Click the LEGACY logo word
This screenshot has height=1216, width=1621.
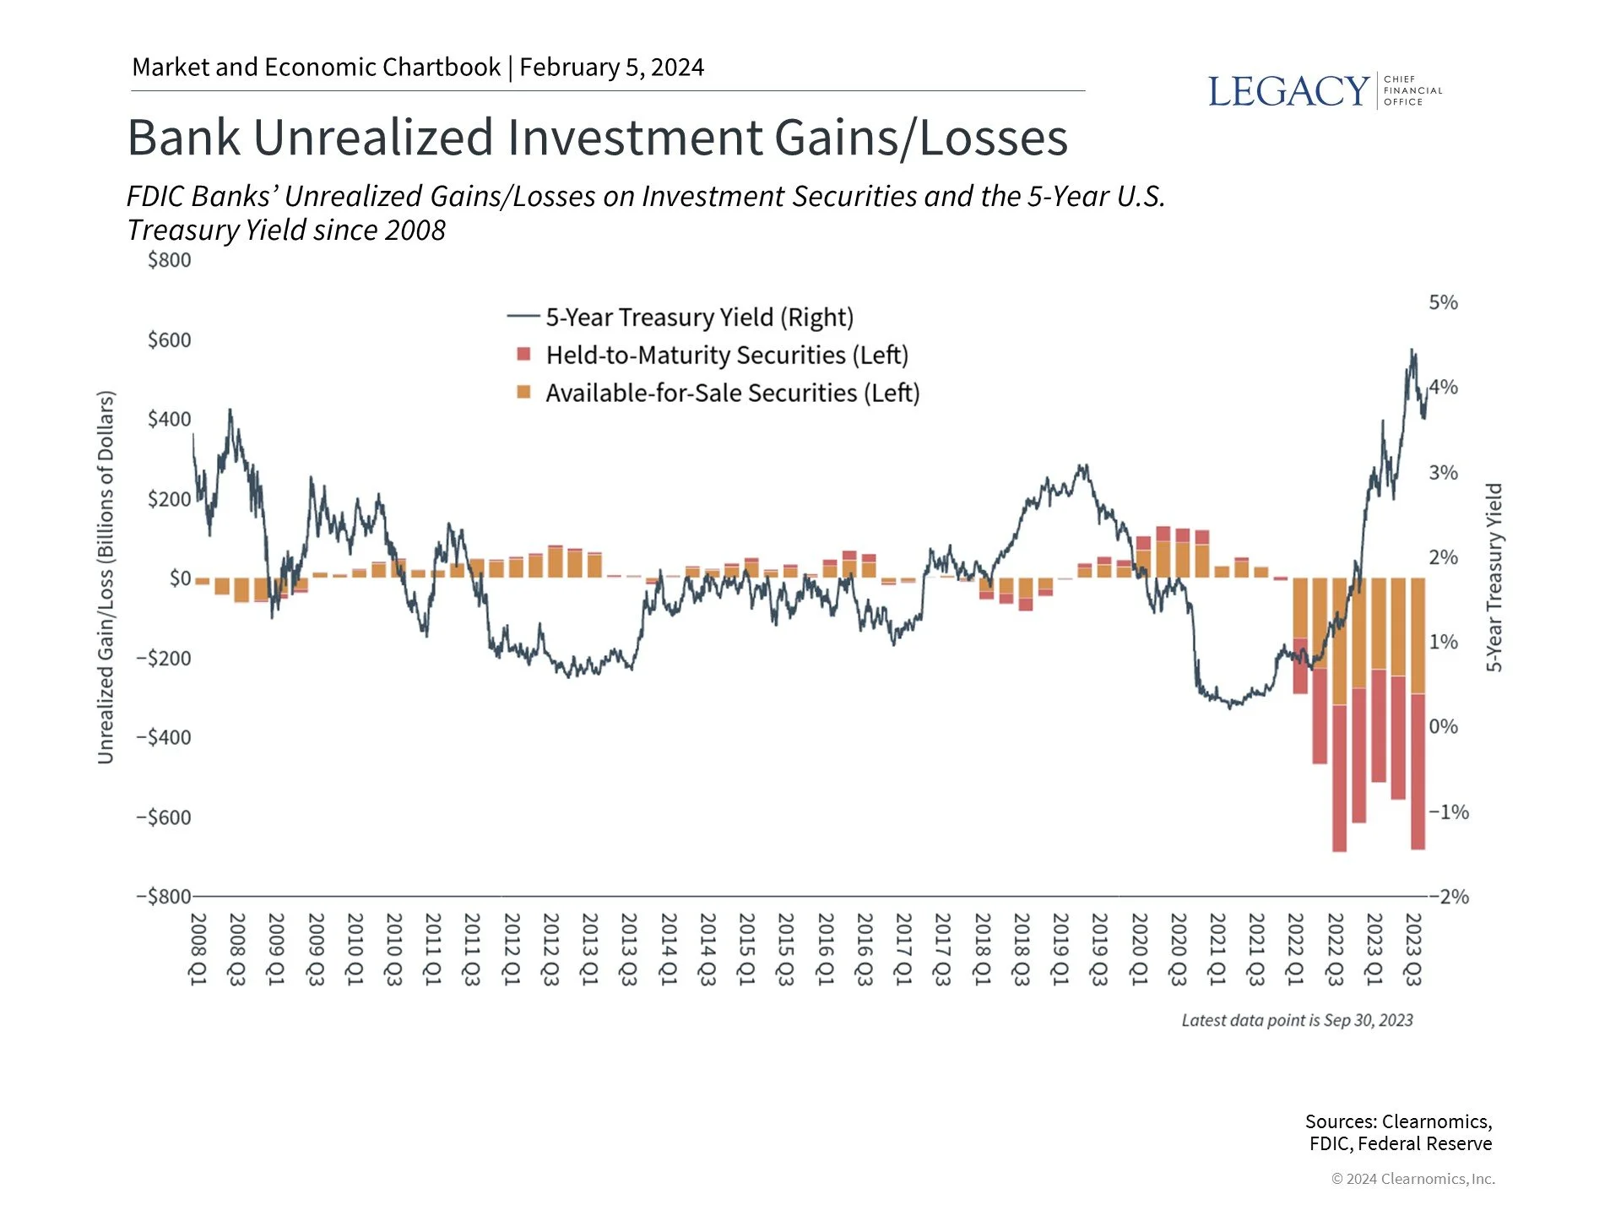(x=1288, y=91)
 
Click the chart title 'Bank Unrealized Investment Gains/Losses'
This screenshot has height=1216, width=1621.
(x=597, y=138)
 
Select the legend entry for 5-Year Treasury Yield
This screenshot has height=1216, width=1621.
(x=699, y=318)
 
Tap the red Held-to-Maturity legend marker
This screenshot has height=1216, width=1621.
(x=523, y=355)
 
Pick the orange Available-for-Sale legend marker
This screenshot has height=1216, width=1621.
(x=523, y=393)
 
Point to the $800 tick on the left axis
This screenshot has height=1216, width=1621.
(x=169, y=260)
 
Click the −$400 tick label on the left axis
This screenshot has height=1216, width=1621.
(x=164, y=737)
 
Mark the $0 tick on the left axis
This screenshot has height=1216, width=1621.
(x=180, y=578)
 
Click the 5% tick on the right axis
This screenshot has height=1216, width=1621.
(x=1443, y=302)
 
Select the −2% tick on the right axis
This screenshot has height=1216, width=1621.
(x=1450, y=897)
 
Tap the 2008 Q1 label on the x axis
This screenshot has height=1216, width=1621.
(x=198, y=948)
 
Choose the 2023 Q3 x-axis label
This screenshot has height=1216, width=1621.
(x=1413, y=948)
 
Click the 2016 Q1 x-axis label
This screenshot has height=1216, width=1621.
(x=825, y=948)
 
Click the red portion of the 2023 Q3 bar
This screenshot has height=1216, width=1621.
(x=1418, y=770)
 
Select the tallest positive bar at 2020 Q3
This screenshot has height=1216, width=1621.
(x=1163, y=557)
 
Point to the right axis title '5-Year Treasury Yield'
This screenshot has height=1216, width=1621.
(x=1494, y=578)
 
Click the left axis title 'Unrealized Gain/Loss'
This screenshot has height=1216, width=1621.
(x=105, y=578)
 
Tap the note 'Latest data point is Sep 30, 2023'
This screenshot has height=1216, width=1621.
(x=1297, y=1020)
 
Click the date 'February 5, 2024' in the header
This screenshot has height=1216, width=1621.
(x=611, y=68)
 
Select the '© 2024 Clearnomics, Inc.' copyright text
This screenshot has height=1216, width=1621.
(x=1412, y=1179)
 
